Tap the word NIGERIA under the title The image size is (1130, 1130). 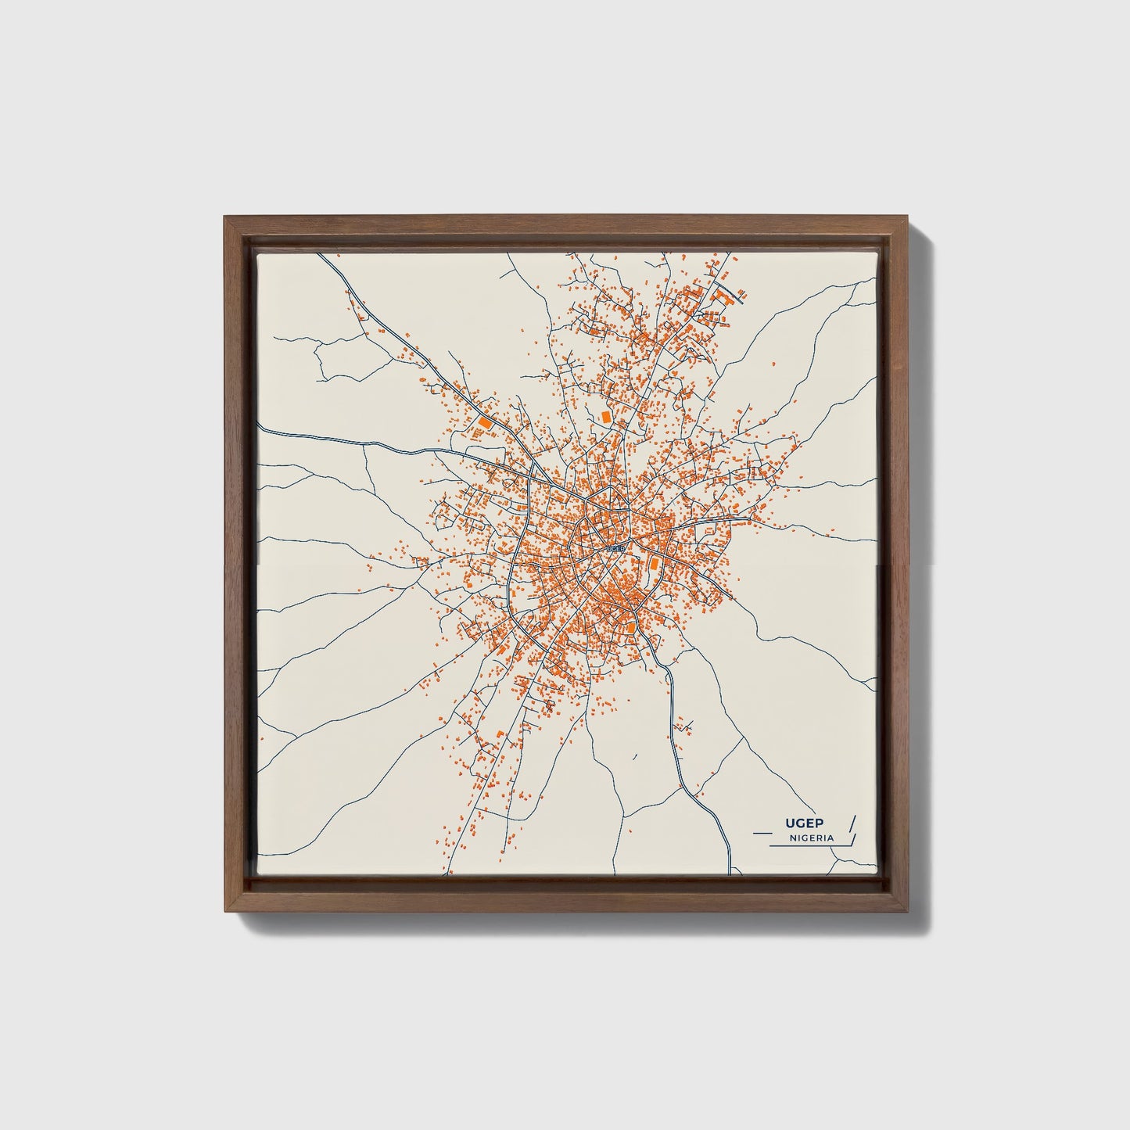[812, 838]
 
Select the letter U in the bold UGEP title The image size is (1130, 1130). [791, 823]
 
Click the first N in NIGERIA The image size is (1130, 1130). [793, 838]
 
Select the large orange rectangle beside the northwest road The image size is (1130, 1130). [484, 422]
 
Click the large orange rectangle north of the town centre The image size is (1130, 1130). [605, 417]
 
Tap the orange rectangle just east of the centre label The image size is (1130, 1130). [654, 562]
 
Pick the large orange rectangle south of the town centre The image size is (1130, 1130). [631, 627]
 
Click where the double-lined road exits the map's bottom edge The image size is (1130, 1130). [730, 873]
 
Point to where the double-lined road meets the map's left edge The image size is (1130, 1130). [260, 429]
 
